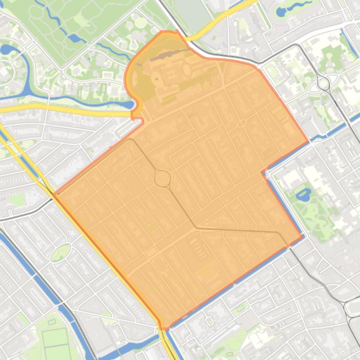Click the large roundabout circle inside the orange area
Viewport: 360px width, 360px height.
point(162,179)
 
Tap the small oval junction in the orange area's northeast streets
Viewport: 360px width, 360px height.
point(242,123)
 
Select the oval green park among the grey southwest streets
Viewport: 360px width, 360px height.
point(60,253)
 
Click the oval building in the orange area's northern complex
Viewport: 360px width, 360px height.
point(186,70)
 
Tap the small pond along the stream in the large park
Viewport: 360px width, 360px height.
point(73,37)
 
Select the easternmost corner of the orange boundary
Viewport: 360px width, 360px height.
point(308,142)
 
